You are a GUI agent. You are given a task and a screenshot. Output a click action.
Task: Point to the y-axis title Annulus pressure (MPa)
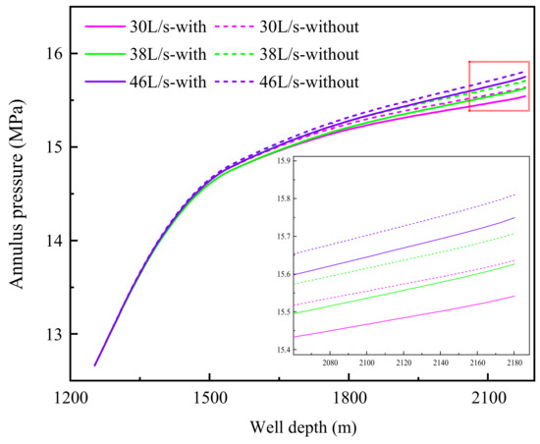[x=18, y=196]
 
